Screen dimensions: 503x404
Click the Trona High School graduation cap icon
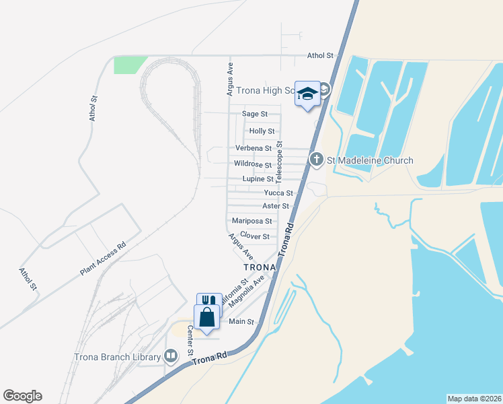click(x=307, y=94)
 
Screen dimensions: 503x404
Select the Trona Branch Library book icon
click(x=171, y=356)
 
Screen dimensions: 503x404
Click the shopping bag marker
click(x=206, y=317)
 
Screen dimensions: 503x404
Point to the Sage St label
click(x=255, y=114)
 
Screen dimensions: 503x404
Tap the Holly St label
click(x=262, y=131)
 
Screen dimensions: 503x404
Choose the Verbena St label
click(x=253, y=148)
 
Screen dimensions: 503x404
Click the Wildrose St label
click(x=252, y=164)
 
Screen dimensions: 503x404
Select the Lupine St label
click(x=258, y=179)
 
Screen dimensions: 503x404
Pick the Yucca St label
click(x=278, y=193)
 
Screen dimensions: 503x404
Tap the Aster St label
click(x=276, y=206)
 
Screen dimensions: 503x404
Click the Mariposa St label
click(x=251, y=221)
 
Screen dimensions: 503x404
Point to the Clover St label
click(x=255, y=236)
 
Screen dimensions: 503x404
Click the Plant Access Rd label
click(x=103, y=259)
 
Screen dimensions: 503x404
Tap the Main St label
click(x=241, y=322)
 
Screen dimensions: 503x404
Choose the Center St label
click(x=190, y=341)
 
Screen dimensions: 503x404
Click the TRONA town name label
click(x=259, y=267)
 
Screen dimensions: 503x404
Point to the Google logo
click(x=22, y=396)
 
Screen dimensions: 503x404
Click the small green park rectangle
click(x=130, y=65)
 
